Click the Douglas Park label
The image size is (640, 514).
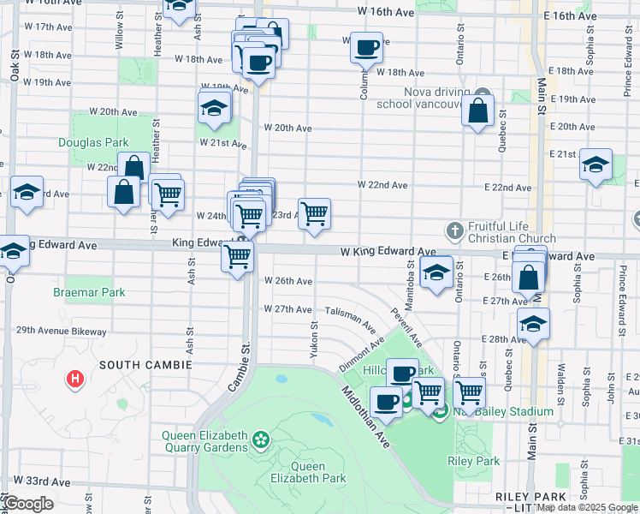coord(93,142)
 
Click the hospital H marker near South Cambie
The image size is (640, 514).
coord(76,378)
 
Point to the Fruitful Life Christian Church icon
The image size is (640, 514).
coord(455,229)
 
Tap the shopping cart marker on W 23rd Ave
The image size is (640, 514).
coord(315,214)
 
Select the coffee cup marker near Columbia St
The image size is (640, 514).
coord(366,48)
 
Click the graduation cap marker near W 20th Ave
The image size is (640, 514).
coord(214,108)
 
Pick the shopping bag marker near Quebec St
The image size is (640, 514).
coord(478,111)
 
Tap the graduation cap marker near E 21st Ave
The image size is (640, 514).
coord(596,165)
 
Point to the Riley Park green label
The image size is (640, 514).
coord(473,461)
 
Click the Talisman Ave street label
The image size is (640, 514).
coord(349,320)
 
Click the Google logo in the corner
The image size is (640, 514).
coord(28,505)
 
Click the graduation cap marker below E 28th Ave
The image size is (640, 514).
coord(533,326)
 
